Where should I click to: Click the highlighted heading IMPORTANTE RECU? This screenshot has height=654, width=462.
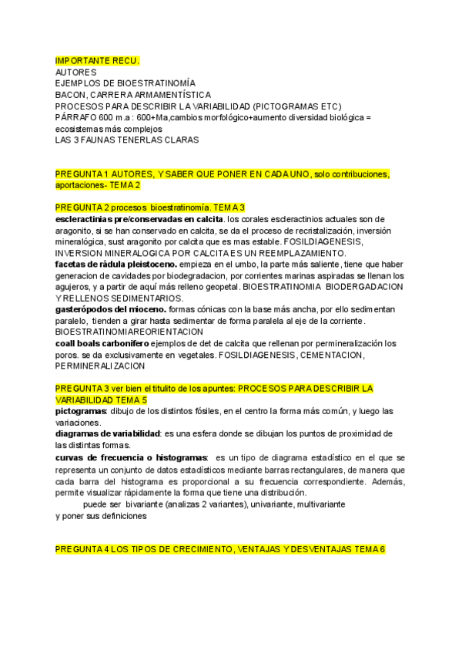tap(97, 61)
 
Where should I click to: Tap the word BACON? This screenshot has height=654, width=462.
tap(71, 94)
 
